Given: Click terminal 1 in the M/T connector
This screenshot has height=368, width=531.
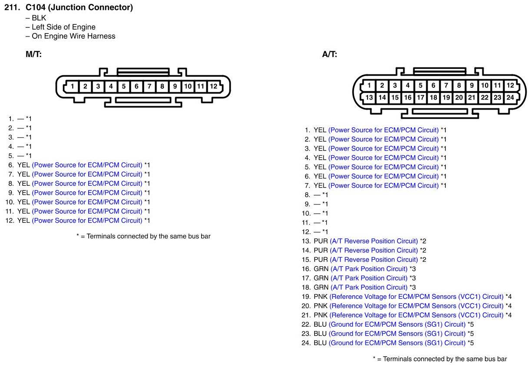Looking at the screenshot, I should [73, 86].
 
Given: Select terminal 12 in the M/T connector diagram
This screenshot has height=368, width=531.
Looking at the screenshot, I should [213, 86].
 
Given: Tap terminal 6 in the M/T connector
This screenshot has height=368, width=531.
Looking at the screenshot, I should [136, 86].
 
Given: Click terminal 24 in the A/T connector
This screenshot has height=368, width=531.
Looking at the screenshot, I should [510, 97].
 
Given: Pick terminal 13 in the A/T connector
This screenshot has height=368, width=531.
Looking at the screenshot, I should [369, 97].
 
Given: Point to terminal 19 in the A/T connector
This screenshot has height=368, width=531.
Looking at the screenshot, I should [446, 97].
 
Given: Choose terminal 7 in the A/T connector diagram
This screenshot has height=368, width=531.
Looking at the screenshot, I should [446, 86].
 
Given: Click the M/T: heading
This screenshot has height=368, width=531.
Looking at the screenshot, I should [33, 54].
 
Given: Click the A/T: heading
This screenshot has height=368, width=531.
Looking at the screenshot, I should [329, 54].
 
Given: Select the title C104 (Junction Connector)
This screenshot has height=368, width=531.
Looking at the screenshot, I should [79, 7].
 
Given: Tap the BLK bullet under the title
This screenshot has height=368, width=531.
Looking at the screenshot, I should [39, 18].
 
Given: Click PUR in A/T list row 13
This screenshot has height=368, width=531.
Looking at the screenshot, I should [321, 241].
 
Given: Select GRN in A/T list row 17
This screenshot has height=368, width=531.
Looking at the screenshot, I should [321, 278].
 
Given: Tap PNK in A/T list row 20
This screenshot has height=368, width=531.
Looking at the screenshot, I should [321, 306].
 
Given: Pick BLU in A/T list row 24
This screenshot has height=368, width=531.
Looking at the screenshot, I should [320, 343].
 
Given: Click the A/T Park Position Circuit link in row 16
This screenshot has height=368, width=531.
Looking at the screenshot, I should [369, 269].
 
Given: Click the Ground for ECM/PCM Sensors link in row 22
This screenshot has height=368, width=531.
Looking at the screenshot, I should [397, 324].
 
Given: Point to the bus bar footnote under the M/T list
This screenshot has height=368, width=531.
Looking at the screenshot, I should [143, 236].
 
